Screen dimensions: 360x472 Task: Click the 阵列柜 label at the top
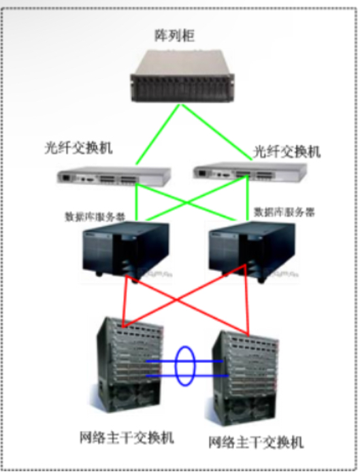click(174, 35)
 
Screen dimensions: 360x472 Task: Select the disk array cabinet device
click(182, 76)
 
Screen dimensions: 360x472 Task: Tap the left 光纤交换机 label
click(78, 148)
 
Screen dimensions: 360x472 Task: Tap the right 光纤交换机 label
click(287, 151)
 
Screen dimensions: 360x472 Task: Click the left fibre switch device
click(114, 176)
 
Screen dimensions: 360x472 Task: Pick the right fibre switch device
click(250, 172)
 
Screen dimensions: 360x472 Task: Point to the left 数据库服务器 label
click(95, 217)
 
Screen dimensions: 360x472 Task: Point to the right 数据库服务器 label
click(284, 213)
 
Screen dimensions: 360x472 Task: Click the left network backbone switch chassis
click(129, 365)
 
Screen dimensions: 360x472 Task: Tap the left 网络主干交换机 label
click(127, 437)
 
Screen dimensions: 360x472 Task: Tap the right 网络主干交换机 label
click(256, 442)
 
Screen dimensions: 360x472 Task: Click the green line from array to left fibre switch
click(158, 135)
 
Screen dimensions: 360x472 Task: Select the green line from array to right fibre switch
click(216, 132)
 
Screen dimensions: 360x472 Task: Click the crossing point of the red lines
click(176, 300)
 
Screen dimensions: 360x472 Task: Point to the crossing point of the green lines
click(187, 203)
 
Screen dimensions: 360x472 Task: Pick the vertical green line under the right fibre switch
click(248, 198)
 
